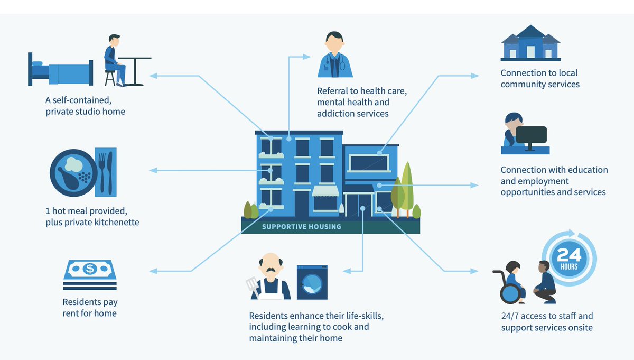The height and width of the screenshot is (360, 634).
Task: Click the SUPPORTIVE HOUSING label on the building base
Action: [302, 227]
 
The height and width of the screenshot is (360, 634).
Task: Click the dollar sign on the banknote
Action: [90, 269]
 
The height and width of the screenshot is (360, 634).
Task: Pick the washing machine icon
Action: [312, 282]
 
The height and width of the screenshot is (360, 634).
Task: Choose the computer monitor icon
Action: [532, 136]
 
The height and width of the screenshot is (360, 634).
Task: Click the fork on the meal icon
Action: [102, 172]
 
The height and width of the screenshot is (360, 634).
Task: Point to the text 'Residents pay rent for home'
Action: [90, 308]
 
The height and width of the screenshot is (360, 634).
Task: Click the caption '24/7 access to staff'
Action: [546, 316]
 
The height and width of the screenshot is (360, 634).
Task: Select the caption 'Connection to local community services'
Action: [539, 79]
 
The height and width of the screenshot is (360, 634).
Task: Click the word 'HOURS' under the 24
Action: [570, 266]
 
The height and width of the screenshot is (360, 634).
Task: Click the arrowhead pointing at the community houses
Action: [475, 76]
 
